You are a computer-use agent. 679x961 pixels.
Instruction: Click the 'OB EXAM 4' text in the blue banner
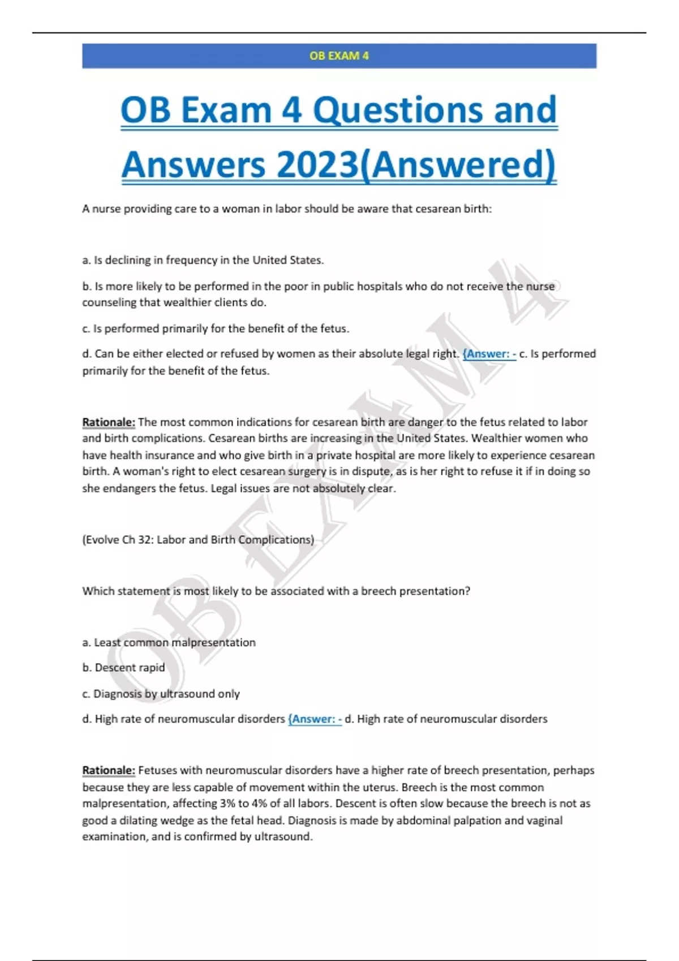(x=339, y=56)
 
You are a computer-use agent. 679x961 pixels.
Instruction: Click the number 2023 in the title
(x=317, y=165)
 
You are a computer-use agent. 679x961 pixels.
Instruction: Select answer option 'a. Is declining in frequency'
(x=203, y=260)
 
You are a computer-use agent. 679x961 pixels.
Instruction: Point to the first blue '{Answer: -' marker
(x=489, y=354)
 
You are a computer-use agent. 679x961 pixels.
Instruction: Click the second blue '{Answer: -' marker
(x=315, y=719)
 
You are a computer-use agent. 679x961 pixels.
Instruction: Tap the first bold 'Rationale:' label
(x=109, y=422)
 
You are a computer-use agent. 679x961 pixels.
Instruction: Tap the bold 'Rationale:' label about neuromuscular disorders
(x=109, y=770)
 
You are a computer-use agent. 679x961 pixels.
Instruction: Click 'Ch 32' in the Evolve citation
(x=136, y=540)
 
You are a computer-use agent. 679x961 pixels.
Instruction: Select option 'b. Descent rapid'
(x=123, y=668)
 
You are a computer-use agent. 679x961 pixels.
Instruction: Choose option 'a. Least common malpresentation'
(x=169, y=643)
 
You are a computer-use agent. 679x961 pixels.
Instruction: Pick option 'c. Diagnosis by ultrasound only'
(x=161, y=694)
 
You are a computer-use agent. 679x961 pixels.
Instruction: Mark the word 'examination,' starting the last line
(x=114, y=837)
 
